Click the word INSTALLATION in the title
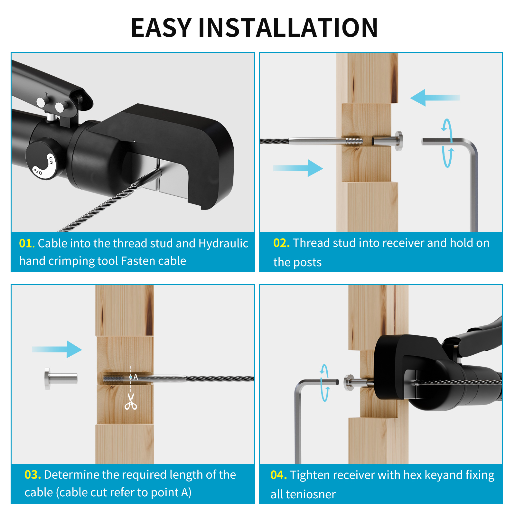click(x=288, y=28)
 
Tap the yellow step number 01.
click(x=26, y=244)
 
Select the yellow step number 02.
click(x=281, y=243)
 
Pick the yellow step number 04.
click(x=278, y=475)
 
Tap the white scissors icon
click(x=130, y=402)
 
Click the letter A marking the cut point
click(x=136, y=377)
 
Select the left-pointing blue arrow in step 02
click(x=434, y=98)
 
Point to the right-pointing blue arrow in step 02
click(x=298, y=168)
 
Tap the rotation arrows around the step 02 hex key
click(x=447, y=143)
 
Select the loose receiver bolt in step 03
click(x=61, y=379)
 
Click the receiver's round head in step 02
click(x=398, y=141)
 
